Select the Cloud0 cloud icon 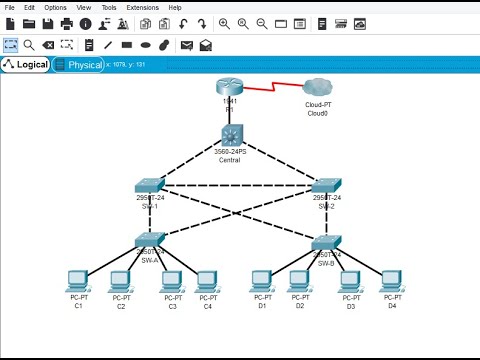[x=318, y=89]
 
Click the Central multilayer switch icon [x=233, y=135]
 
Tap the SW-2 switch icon [x=326, y=185]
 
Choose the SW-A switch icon [x=151, y=240]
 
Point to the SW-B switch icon [x=326, y=241]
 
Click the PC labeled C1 [x=77, y=280]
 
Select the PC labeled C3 [x=171, y=280]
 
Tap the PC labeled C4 [x=207, y=280]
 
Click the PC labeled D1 [x=262, y=280]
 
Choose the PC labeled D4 [x=391, y=280]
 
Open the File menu [x=10, y=7]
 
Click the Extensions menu [x=141, y=7]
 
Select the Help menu [x=175, y=7]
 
